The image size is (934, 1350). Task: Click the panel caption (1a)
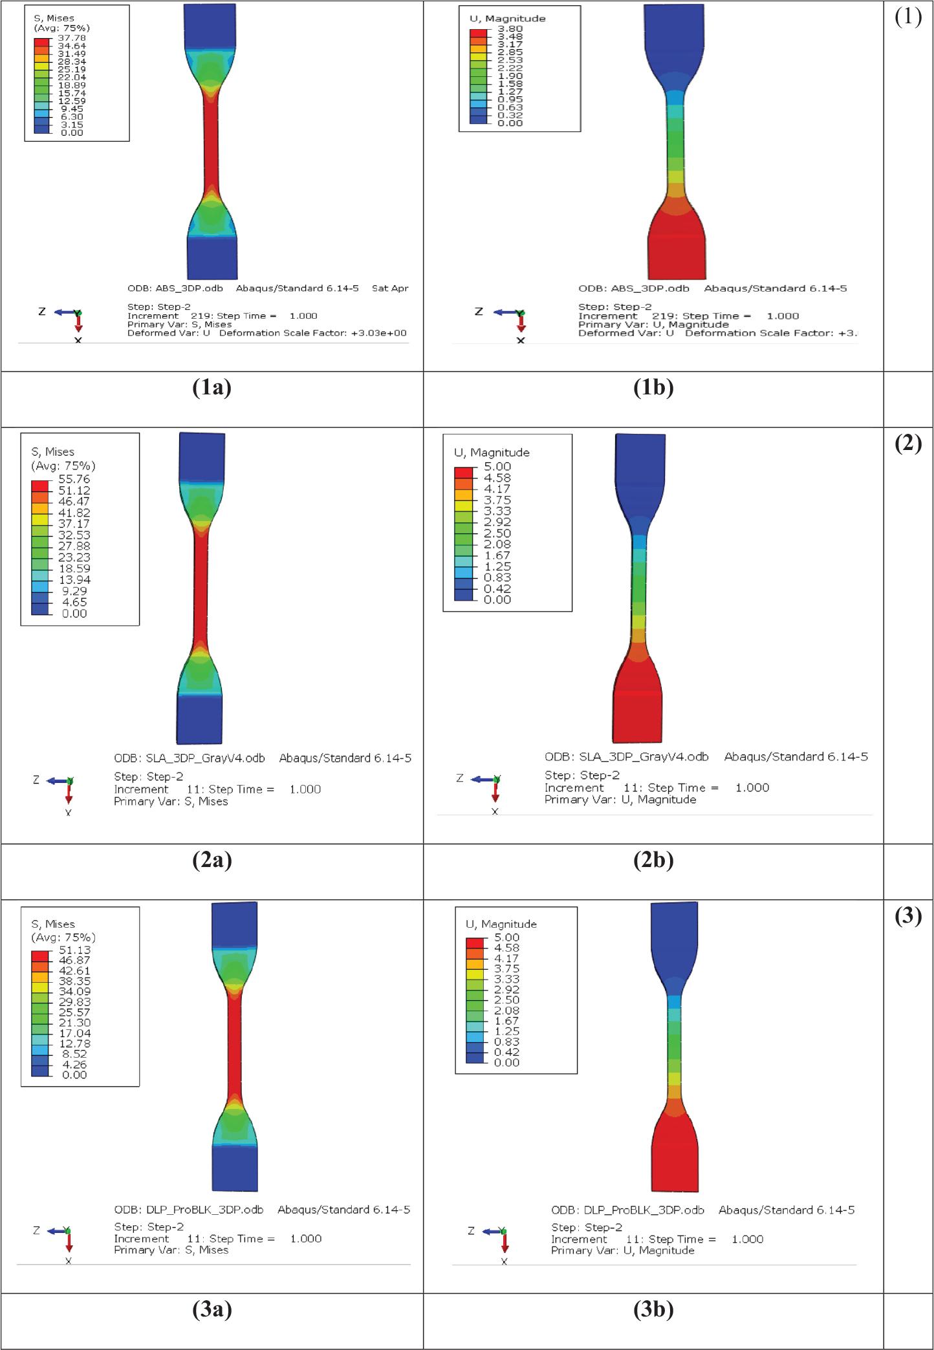pyautogui.click(x=212, y=388)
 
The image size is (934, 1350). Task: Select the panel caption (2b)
pyautogui.click(x=654, y=861)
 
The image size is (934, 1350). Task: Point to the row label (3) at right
pyautogui.click(x=908, y=917)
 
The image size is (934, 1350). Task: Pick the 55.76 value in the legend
pyautogui.click(x=74, y=479)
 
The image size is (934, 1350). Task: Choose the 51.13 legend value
pyautogui.click(x=74, y=950)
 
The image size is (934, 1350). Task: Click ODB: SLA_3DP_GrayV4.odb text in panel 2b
pyautogui.click(x=626, y=756)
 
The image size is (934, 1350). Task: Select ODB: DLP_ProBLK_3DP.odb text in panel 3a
pyautogui.click(x=191, y=1210)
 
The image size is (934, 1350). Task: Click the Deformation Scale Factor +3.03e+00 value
pyautogui.click(x=378, y=333)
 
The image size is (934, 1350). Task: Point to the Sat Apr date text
pyautogui.click(x=390, y=288)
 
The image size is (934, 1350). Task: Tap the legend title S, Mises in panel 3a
pyautogui.click(x=53, y=924)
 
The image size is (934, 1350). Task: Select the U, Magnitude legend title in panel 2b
pyautogui.click(x=492, y=452)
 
